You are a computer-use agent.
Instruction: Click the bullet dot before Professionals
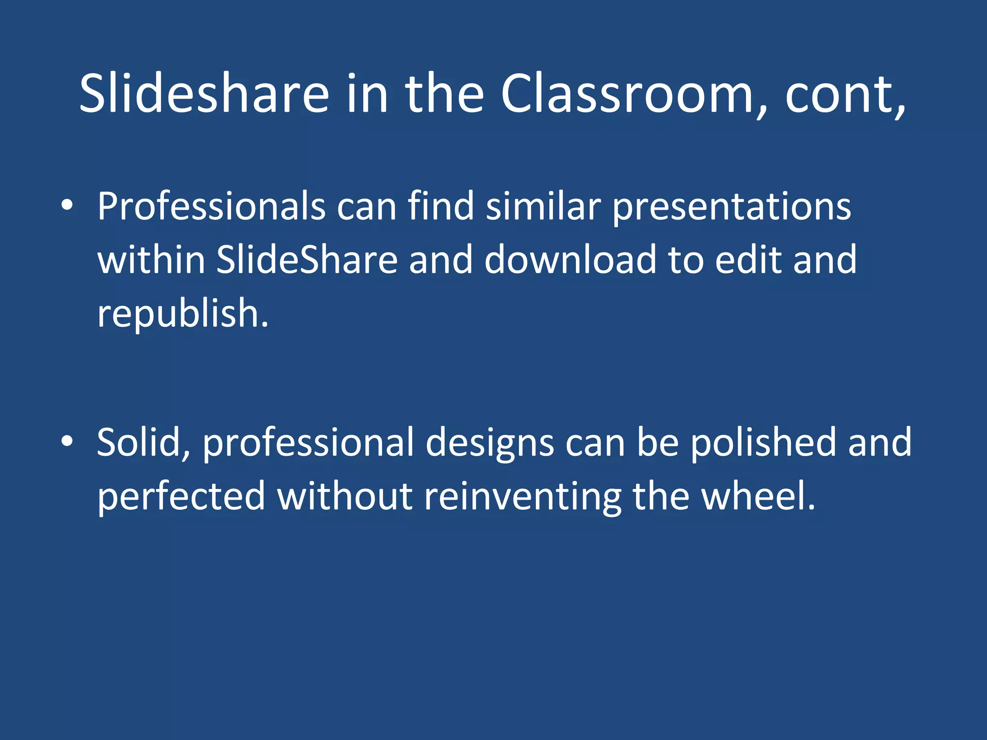67,206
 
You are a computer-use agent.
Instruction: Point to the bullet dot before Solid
67,441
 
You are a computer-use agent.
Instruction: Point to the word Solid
143,442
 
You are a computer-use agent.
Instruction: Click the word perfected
181,496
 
